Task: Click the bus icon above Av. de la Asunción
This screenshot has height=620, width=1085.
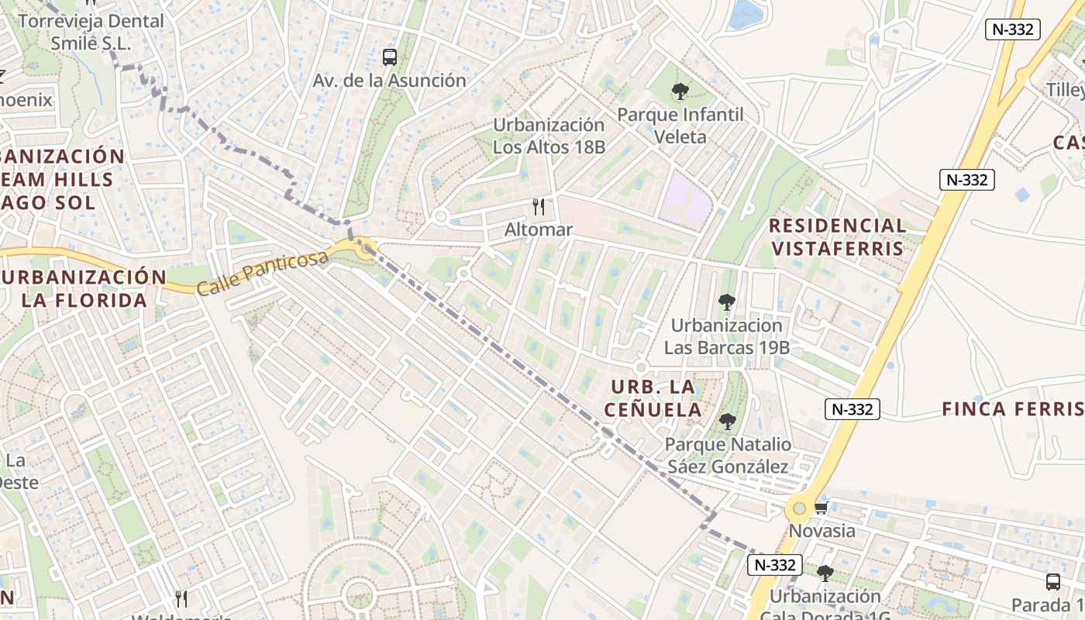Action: pos(389,57)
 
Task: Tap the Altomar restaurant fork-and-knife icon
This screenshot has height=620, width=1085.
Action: pos(539,207)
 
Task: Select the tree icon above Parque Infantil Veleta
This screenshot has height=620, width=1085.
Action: pos(680,91)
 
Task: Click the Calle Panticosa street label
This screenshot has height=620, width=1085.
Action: pos(263,272)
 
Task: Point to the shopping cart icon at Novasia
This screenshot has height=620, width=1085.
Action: pos(821,508)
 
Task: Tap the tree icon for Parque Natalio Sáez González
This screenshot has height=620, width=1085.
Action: pos(727,422)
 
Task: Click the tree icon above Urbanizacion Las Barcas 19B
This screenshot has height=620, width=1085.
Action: pos(726,302)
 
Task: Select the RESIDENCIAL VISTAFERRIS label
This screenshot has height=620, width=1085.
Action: pos(837,237)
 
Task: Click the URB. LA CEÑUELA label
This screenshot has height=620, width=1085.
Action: pos(653,398)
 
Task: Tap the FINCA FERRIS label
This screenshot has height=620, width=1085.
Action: pos(1012,409)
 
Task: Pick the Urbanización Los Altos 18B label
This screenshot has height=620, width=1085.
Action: pos(549,136)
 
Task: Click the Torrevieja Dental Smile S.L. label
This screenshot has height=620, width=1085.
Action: pos(91,32)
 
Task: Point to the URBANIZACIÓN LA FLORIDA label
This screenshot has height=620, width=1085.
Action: pos(84,288)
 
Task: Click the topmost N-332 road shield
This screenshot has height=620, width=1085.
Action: pos(1012,29)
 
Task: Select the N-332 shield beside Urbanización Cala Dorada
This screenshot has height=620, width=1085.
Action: pos(774,565)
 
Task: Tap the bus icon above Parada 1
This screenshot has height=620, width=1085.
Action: pos(1052,581)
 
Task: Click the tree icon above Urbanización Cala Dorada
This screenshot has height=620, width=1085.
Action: pos(825,573)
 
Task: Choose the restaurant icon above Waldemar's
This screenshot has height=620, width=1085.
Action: pos(181,598)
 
